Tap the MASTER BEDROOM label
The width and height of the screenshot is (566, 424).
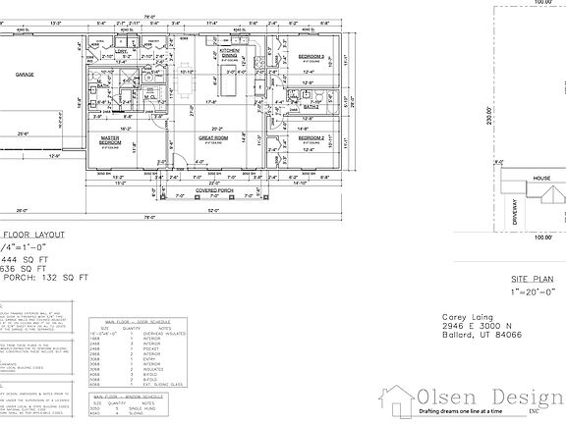[117, 140]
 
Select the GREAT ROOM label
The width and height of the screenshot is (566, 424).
[213, 140]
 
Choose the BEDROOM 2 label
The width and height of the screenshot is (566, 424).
[312, 138]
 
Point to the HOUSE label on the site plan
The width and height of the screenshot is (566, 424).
[542, 179]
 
